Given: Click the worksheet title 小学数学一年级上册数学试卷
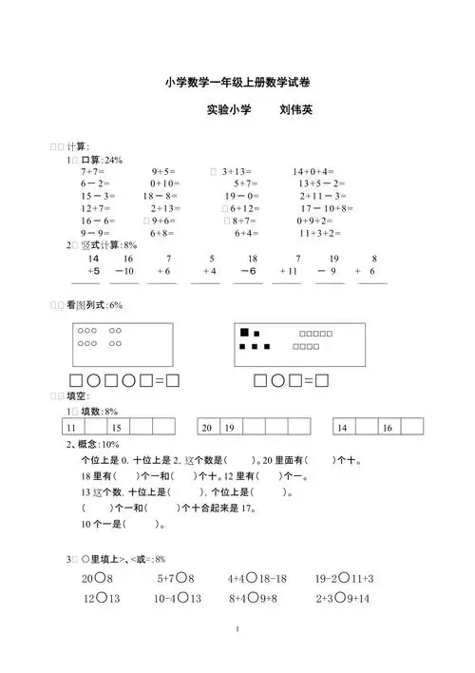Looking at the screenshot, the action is [x=237, y=83].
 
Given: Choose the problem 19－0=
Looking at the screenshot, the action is [x=245, y=195].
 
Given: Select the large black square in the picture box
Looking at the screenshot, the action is [x=244, y=333].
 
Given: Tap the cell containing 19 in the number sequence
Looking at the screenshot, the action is [x=230, y=429].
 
